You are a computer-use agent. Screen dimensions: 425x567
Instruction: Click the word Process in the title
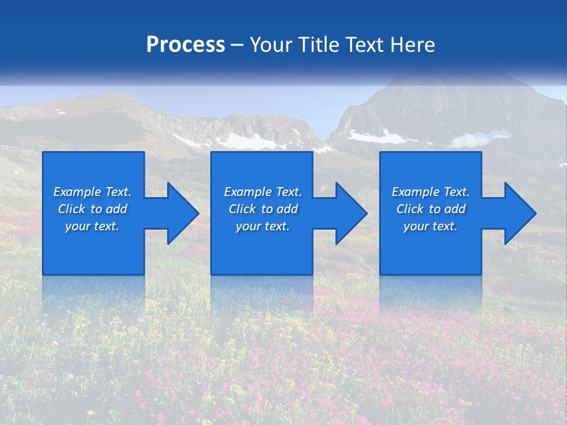[x=185, y=45]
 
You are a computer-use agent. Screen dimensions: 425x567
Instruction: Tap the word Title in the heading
[x=318, y=45]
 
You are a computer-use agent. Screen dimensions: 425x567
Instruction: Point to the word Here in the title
[x=413, y=45]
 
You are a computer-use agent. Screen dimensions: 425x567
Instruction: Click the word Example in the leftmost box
[x=77, y=192]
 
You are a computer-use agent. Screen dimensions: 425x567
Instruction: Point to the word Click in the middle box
[x=242, y=209]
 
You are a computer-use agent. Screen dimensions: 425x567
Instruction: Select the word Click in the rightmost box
[x=410, y=209]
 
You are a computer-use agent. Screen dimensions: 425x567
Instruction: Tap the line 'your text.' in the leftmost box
[x=92, y=226]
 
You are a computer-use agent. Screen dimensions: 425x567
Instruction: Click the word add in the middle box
[x=287, y=209]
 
